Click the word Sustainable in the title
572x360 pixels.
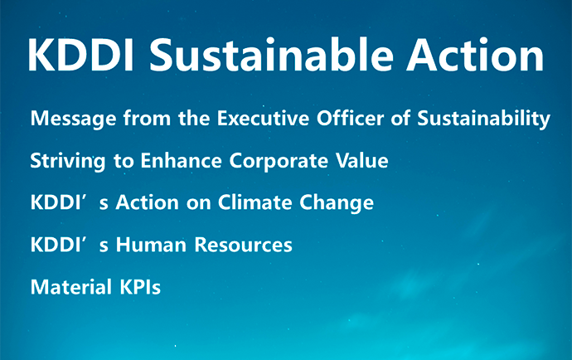point(272,56)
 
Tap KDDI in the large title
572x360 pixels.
point(77,56)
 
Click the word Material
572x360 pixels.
point(70,288)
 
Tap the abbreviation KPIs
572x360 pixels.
point(138,288)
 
